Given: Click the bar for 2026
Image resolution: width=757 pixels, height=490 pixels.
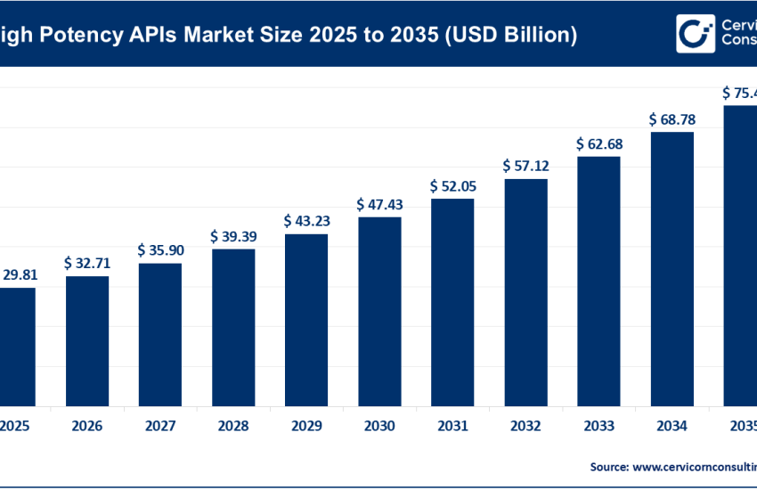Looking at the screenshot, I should click(86, 340).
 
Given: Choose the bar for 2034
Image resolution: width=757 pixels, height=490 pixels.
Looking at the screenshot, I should click(672, 268).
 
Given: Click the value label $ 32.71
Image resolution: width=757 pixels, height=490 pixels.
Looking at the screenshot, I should click(86, 263).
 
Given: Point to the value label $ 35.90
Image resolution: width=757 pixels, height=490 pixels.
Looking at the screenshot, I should click(160, 250).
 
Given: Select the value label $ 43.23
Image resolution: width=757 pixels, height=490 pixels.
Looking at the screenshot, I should click(306, 220).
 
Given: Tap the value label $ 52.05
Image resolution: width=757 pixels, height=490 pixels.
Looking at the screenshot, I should click(452, 185).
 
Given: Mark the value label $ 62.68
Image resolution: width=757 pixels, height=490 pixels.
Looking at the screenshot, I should click(598, 143).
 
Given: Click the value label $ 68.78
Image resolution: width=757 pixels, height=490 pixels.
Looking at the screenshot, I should click(672, 118).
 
